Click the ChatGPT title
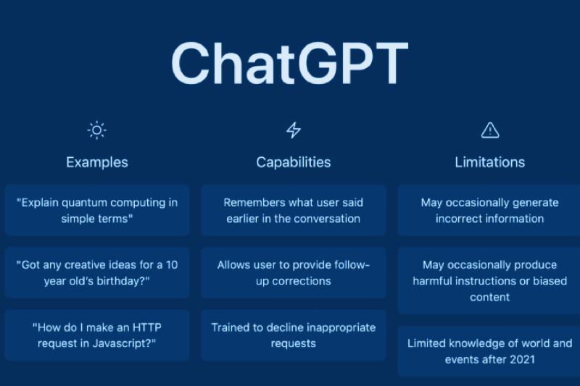pos(289,63)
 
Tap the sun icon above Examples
pos(97,130)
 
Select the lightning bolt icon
pos(294,130)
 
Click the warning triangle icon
pos(490,130)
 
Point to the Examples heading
pos(97,162)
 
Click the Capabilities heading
pos(294,162)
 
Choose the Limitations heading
pos(490,162)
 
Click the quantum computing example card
pos(97,211)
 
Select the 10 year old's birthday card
pos(97,272)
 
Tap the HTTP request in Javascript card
pos(97,335)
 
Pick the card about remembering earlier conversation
pos(294,211)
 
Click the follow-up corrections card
pos(294,272)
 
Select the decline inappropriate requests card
pos(294,335)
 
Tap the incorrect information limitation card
pos(489,211)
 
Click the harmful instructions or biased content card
pos(489,281)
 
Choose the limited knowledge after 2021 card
pos(489,351)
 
